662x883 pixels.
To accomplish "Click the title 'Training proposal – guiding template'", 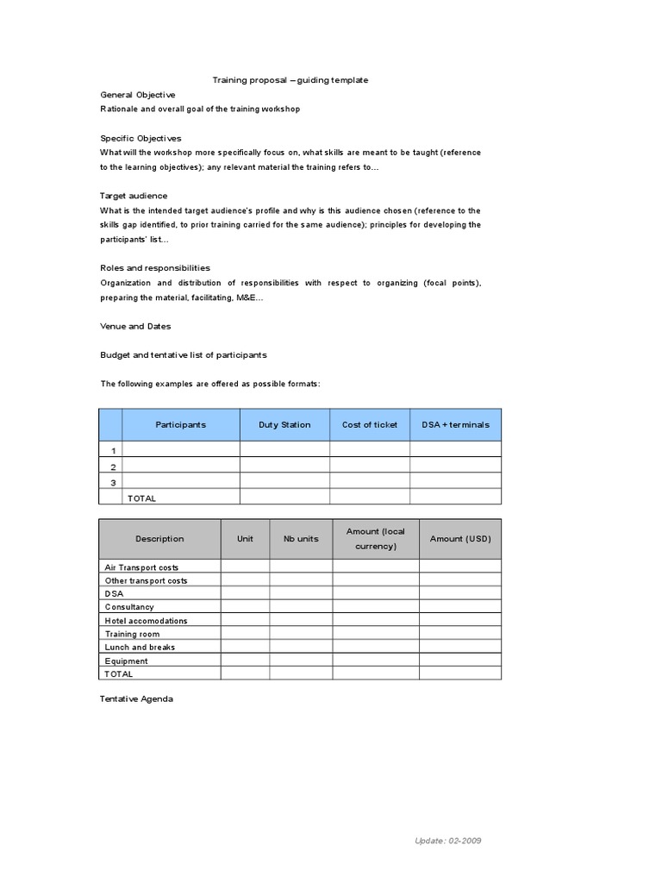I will (x=290, y=80).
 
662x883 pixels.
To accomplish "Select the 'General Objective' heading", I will (x=138, y=94).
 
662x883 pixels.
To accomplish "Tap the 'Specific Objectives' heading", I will (x=141, y=138).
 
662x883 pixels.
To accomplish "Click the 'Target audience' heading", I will (x=134, y=196).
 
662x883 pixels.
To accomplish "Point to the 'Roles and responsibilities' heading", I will (x=155, y=268).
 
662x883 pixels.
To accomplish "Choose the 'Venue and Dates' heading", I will (x=135, y=326).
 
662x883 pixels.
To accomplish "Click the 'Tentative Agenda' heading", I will (x=136, y=698).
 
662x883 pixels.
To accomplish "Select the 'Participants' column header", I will (x=180, y=425).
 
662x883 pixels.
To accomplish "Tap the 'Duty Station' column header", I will (x=284, y=425).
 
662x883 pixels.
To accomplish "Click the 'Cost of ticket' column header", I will (x=370, y=425).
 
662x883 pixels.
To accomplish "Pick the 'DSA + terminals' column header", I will (x=455, y=425).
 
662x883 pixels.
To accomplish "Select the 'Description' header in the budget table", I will (x=159, y=539).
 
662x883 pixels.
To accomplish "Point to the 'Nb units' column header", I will (x=301, y=539).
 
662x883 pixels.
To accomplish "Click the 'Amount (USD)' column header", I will (x=460, y=539).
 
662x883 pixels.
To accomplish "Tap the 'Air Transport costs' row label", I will (x=141, y=567).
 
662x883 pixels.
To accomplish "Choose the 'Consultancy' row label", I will (x=128, y=607).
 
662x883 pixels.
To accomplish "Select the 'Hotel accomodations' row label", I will (x=146, y=621).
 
